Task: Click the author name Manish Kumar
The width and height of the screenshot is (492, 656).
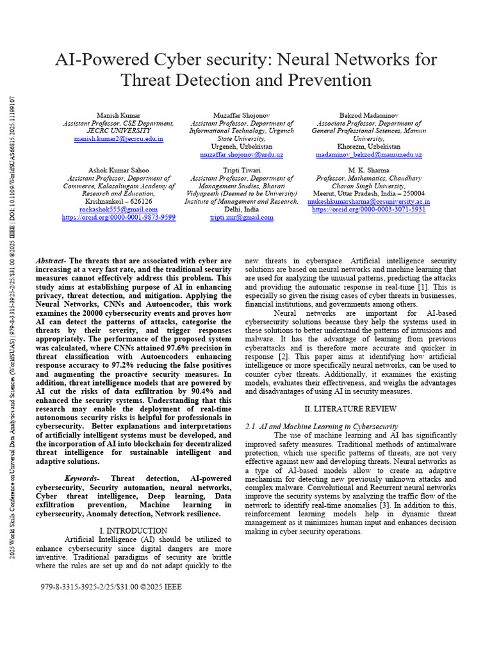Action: coord(118,115)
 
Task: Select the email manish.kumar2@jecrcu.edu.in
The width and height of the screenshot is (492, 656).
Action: coord(119,138)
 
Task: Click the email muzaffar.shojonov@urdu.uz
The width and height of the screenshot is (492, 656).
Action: coord(242,155)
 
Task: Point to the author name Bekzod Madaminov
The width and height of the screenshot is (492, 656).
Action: coord(369,115)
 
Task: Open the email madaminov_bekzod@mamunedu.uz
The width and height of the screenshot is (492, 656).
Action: coord(369,155)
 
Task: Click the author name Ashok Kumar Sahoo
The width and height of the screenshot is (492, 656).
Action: coord(119,170)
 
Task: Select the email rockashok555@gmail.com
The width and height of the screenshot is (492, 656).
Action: coord(119,209)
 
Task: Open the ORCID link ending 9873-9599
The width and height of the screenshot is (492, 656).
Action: coord(119,218)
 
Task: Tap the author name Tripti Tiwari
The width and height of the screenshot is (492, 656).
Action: coord(242,170)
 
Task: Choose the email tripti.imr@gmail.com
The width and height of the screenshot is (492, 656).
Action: coord(242,218)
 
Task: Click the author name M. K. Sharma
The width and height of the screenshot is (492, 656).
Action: coord(368,170)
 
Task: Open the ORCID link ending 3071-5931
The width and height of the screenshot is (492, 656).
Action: coord(368,209)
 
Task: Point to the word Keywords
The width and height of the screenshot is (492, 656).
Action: coord(82,479)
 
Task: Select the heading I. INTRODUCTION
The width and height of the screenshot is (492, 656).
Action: coord(134,531)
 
